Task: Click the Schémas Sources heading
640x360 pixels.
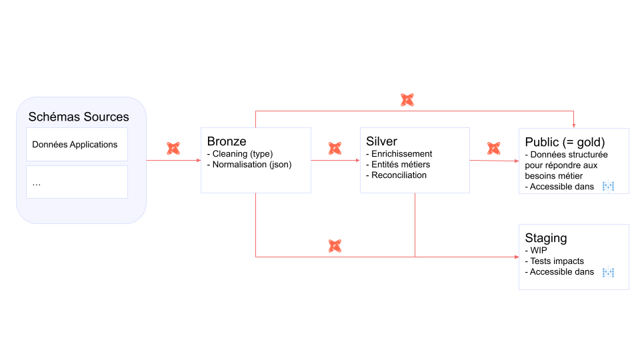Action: [x=79, y=117]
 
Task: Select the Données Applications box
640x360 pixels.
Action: [x=77, y=145]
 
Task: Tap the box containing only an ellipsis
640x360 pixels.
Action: [x=77, y=182]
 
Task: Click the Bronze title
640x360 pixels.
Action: [x=227, y=141]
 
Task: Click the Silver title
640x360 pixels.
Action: [x=381, y=141]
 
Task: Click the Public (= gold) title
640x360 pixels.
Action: [x=565, y=142]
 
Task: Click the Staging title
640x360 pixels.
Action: [x=546, y=238]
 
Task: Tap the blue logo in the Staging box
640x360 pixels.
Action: [x=608, y=272]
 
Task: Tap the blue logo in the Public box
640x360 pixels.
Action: [x=608, y=187]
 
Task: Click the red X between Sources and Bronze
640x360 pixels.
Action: [x=173, y=148]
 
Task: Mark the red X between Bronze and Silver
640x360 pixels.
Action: [x=335, y=148]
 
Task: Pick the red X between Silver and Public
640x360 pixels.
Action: [x=494, y=148]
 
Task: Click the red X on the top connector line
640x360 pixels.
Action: [x=407, y=100]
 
